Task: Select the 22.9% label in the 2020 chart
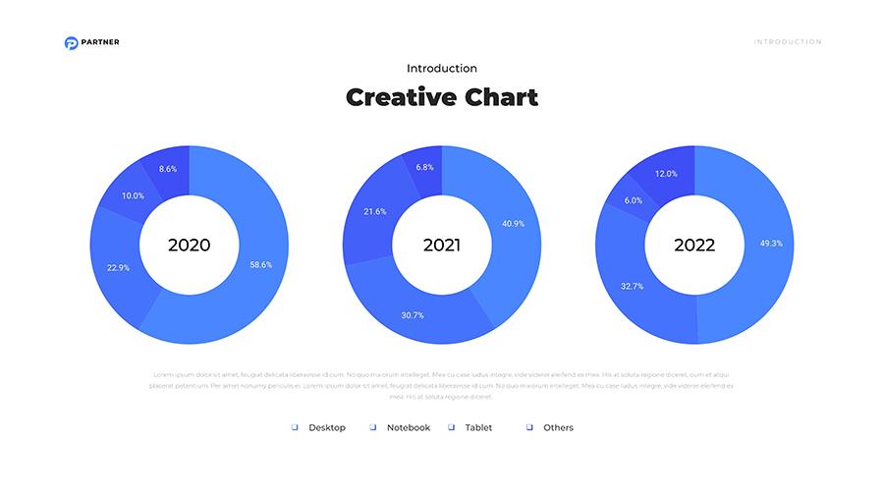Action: click(118, 267)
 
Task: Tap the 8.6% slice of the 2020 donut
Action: click(168, 169)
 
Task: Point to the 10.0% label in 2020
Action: click(133, 195)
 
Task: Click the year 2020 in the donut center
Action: click(189, 245)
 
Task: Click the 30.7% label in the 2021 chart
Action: click(412, 315)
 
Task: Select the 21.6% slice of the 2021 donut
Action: click(374, 211)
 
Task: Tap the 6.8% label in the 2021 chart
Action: click(424, 167)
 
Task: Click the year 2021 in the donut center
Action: click(442, 245)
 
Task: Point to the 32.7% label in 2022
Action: click(632, 286)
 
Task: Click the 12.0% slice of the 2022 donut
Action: click(666, 173)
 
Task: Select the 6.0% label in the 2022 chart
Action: click(633, 200)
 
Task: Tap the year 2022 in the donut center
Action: click(694, 245)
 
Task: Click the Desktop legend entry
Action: click(327, 427)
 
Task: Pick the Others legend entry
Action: click(558, 427)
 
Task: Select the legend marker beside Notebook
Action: click(373, 427)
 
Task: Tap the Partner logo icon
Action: click(71, 42)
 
